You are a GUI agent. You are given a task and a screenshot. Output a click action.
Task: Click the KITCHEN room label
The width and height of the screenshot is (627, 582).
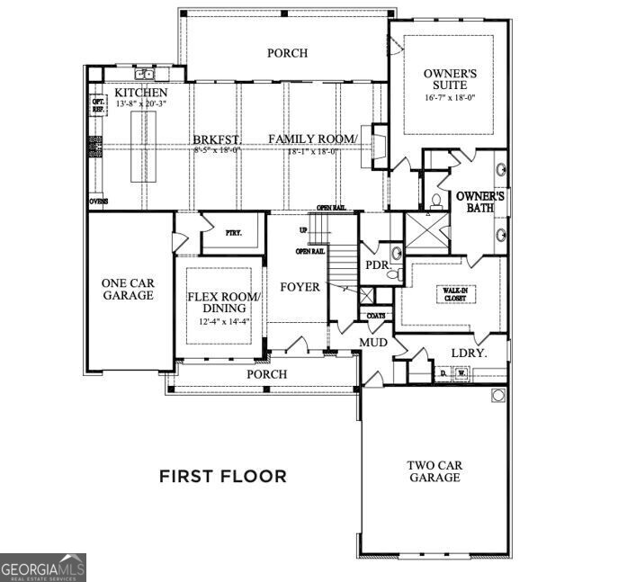[140, 93]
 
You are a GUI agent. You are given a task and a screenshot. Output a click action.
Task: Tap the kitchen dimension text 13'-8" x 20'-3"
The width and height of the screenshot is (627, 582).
[141, 104]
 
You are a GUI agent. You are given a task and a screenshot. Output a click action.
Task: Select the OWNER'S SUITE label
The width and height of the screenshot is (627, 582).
[445, 78]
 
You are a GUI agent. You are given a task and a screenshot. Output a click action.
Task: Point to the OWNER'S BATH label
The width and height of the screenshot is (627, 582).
[481, 202]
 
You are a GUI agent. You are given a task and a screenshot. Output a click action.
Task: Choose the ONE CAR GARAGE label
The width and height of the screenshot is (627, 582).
[127, 288]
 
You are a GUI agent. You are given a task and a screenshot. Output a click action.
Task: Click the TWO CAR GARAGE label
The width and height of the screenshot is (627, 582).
[434, 471]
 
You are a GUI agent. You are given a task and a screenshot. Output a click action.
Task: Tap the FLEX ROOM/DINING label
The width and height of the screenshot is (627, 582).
[223, 303]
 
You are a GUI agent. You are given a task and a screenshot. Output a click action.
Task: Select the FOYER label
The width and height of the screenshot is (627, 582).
[300, 288]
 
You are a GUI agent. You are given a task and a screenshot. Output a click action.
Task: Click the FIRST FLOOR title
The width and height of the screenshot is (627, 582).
[223, 476]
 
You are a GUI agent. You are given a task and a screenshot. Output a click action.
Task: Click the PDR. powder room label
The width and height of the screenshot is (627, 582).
[376, 265]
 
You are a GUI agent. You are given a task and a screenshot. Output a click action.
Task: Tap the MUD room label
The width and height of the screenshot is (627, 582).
[374, 343]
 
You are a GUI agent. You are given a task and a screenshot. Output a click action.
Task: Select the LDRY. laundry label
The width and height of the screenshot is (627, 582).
[468, 354]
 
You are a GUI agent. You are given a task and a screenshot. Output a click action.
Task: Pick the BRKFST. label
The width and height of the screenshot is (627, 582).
[216, 139]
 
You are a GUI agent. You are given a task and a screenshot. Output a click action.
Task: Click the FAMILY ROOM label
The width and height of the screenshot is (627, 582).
[312, 139]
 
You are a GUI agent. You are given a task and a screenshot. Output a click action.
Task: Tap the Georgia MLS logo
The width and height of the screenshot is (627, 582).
[43, 568]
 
